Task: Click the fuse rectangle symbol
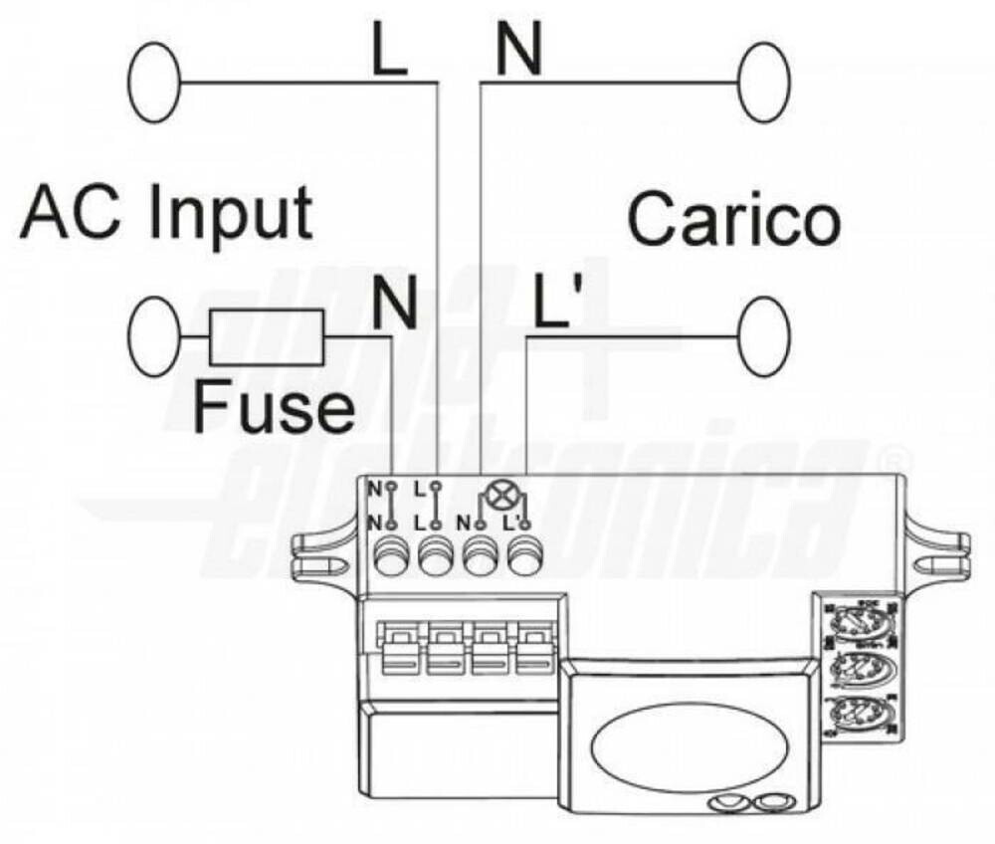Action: [267, 336]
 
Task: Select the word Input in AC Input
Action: [231, 211]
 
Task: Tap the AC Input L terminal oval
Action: [154, 84]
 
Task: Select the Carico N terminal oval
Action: [764, 84]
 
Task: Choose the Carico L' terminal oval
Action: [764, 336]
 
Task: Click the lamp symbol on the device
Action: [495, 494]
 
